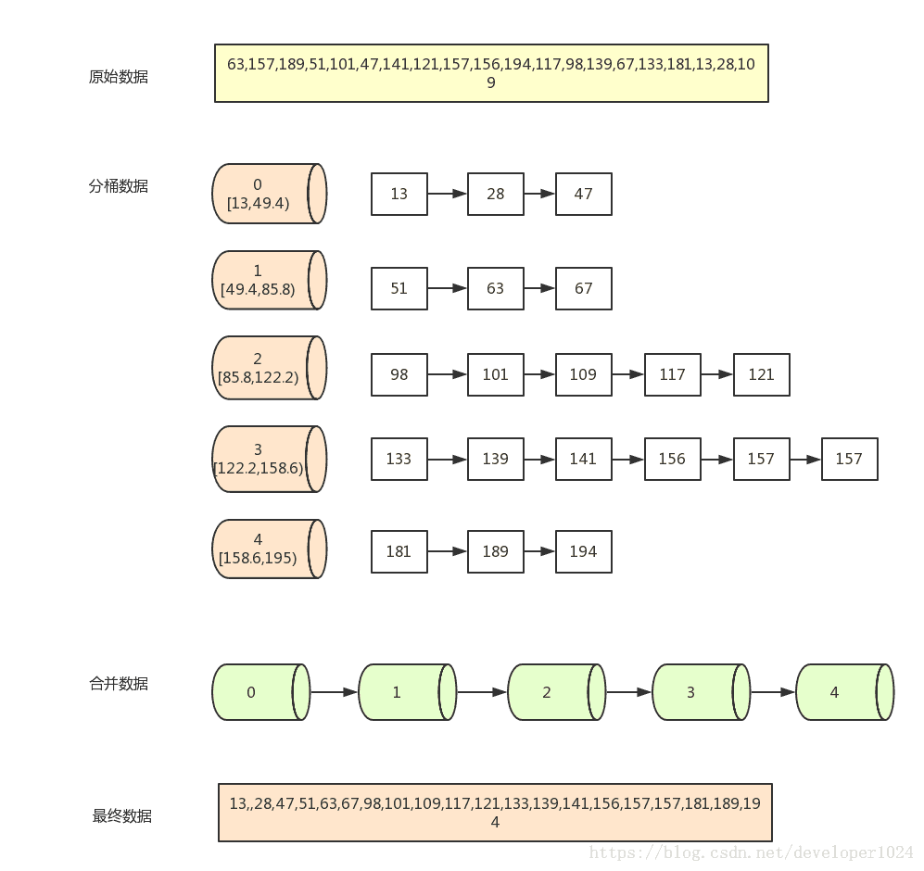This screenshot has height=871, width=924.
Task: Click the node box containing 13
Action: [x=399, y=194]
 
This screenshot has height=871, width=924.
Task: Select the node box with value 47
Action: [x=583, y=194]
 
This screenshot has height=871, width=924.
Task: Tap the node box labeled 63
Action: [x=496, y=288]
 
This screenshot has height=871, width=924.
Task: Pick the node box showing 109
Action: [x=583, y=374]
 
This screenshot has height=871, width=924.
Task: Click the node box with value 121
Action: [x=762, y=374]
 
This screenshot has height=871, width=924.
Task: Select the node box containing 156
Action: [x=672, y=459]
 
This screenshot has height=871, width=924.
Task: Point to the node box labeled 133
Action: [x=399, y=459]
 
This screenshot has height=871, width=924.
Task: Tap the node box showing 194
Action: [x=583, y=551]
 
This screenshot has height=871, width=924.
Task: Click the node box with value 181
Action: [x=399, y=551]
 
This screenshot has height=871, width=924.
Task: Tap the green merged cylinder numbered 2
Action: [x=556, y=692]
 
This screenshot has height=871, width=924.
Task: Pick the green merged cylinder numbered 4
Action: [x=845, y=692]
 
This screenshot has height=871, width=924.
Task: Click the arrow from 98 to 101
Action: [x=448, y=374]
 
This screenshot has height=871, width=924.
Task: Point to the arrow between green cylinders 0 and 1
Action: [x=335, y=692]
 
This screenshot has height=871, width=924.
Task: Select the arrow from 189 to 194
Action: [x=539, y=551]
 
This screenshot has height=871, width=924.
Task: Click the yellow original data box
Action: [x=491, y=73]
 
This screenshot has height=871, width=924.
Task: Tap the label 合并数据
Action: [x=119, y=684]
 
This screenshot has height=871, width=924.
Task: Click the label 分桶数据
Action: [x=119, y=186]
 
